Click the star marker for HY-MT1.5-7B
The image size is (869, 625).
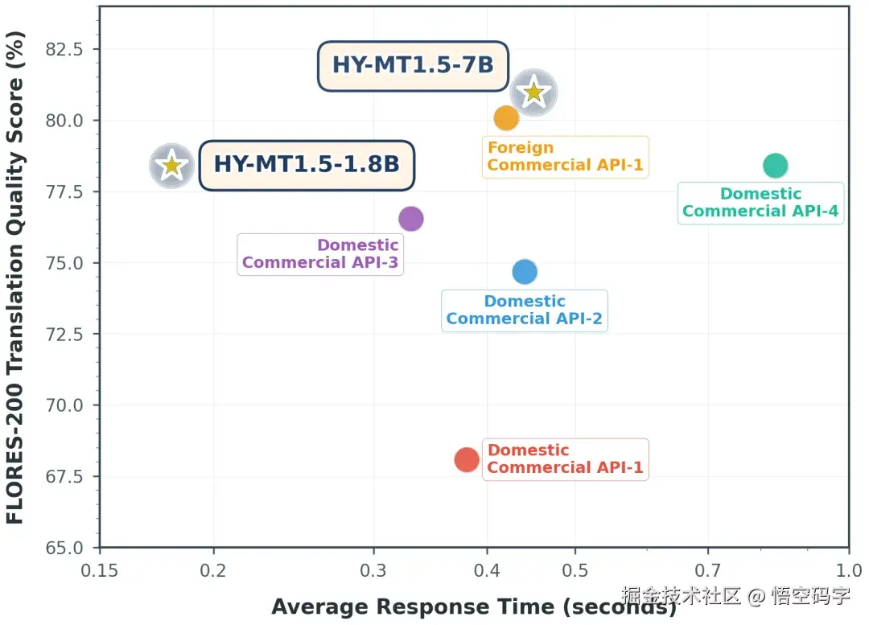[x=533, y=93]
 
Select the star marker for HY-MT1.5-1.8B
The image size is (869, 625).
[x=172, y=166]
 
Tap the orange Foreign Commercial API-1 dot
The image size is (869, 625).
[x=506, y=118]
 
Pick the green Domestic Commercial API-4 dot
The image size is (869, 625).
[x=776, y=165]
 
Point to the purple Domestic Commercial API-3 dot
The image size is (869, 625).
[x=411, y=219]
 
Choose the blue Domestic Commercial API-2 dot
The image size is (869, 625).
[x=525, y=272]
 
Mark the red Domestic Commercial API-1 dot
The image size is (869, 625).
[x=467, y=460]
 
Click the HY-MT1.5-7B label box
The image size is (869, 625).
[x=413, y=66]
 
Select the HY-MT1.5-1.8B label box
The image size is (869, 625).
[x=307, y=165]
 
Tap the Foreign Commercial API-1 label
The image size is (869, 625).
[x=566, y=157]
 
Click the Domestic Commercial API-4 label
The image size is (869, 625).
[x=760, y=203]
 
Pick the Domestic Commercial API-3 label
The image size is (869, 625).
[x=320, y=254]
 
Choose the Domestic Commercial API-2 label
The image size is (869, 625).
[x=525, y=310]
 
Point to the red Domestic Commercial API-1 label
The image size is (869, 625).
[x=566, y=459]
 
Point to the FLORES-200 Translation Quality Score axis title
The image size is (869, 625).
[x=15, y=278]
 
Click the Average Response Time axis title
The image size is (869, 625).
[x=474, y=606]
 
